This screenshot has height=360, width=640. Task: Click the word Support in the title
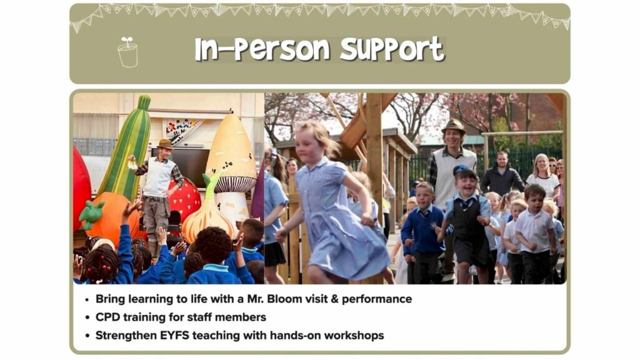click(392, 50)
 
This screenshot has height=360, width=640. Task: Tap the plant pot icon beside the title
click(127, 52)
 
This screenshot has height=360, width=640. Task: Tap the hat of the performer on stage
click(165, 144)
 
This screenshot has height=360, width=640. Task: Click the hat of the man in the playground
click(454, 126)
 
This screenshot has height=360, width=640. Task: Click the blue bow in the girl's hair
click(460, 169)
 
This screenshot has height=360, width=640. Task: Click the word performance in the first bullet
click(377, 299)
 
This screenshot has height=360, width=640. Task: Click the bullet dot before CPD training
click(87, 318)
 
